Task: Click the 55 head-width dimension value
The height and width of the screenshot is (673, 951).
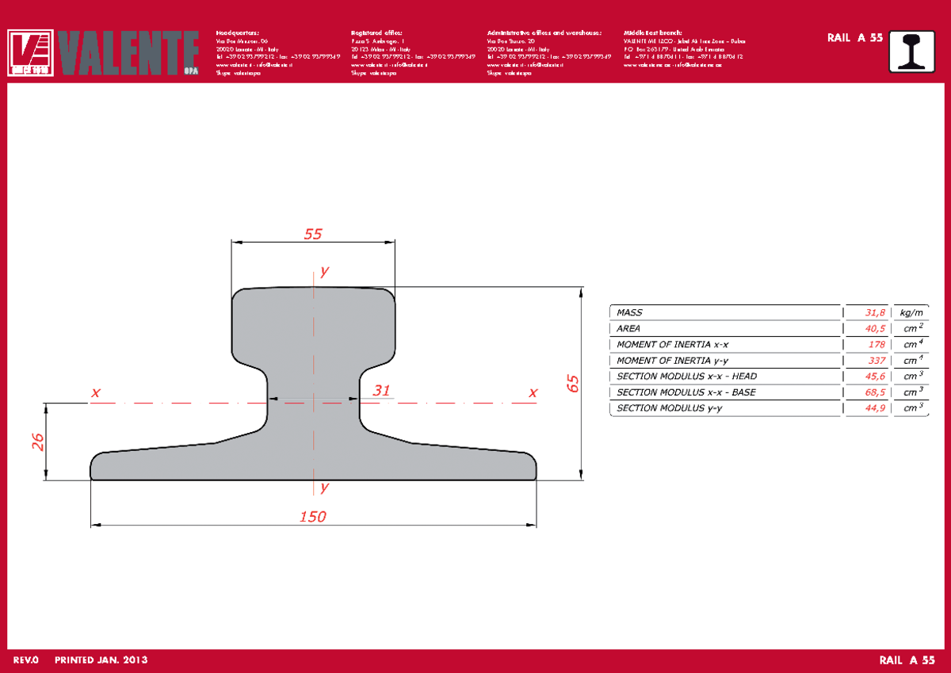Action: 314,234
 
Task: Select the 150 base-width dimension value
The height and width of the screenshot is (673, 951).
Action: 313,517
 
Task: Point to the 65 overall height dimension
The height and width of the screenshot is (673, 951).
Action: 573,384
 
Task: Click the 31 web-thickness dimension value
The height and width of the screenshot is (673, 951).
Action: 382,390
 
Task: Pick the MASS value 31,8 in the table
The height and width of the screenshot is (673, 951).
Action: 874,313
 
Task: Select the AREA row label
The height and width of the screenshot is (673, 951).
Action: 628,329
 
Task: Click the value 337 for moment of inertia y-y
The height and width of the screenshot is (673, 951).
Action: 876,361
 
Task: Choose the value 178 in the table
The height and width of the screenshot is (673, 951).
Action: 876,345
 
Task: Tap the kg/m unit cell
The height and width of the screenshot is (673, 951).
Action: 911,313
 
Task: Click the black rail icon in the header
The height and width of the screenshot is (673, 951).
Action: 917,52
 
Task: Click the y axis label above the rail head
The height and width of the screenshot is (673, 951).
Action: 323,272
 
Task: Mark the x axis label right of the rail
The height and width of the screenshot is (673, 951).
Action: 533,392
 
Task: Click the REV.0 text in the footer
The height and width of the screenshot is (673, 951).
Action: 28,660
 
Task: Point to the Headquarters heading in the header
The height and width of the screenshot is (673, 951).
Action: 237,33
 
